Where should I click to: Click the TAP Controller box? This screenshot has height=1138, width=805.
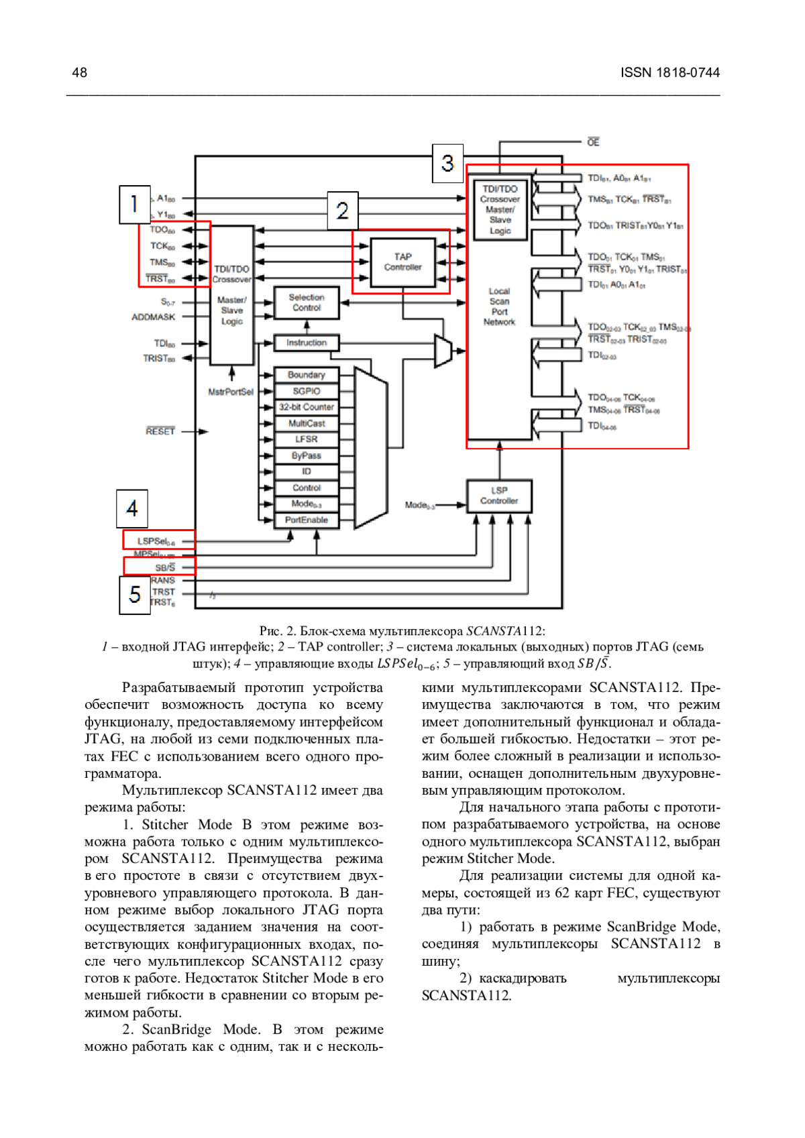tap(402, 262)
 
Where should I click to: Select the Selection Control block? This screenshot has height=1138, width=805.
tap(307, 302)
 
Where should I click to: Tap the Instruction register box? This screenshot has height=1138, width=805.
tap(307, 343)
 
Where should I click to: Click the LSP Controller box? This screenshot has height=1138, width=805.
tap(499, 496)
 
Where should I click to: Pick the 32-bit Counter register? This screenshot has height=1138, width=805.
tap(307, 407)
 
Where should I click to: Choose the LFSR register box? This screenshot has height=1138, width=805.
tap(307, 439)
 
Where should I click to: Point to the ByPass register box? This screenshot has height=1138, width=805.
tap(307, 455)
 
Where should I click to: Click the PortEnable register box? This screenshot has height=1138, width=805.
tap(307, 520)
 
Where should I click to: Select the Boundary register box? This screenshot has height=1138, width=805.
tap(307, 375)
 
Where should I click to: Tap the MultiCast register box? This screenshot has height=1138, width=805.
tap(307, 423)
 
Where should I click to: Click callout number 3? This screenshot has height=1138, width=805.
tap(447, 163)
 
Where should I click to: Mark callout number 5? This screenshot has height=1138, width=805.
tap(135, 595)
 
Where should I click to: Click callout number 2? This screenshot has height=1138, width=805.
tap(342, 211)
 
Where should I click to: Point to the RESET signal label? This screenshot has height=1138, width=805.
tap(160, 431)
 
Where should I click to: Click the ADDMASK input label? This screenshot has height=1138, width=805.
tap(153, 317)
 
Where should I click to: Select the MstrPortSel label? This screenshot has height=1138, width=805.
tap(231, 392)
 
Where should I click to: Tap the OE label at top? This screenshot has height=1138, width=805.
tap(593, 142)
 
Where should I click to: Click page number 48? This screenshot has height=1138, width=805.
tap(79, 72)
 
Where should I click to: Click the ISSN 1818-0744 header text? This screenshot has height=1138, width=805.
tap(669, 72)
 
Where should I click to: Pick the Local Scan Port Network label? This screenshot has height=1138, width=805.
tap(499, 306)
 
